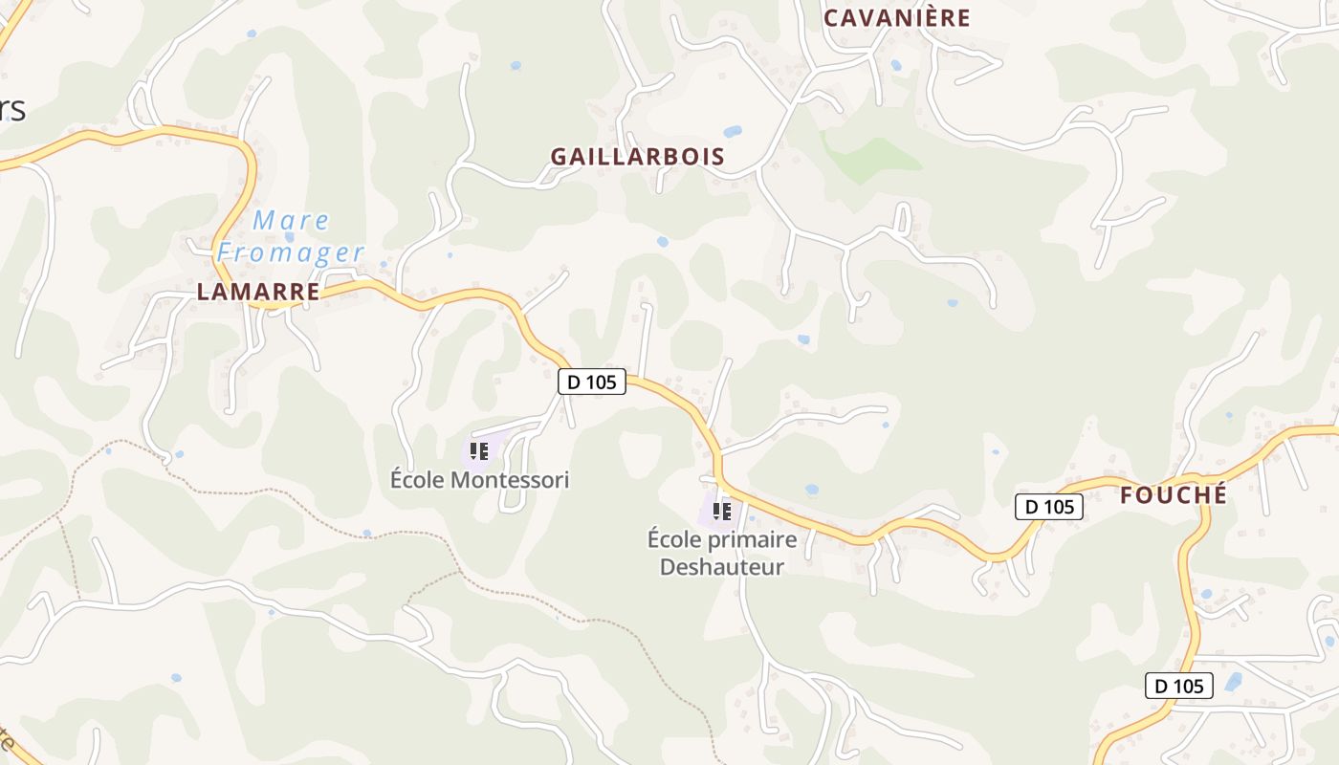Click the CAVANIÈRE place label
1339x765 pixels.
896,18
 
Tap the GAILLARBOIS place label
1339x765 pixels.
637,157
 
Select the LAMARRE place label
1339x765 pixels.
258,293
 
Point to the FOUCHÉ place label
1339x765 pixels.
1173,495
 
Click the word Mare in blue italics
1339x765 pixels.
292,221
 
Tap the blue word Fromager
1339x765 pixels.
291,253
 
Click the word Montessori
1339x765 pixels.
510,480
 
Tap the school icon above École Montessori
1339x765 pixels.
478,450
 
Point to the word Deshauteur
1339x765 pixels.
722,567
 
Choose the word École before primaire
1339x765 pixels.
675,539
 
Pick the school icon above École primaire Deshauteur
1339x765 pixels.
722,512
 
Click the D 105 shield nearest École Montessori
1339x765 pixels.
592,382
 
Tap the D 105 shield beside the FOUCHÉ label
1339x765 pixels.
1048,507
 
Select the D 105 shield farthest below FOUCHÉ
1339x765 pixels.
1179,686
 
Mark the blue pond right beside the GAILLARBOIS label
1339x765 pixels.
733,132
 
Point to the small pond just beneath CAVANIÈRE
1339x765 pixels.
895,66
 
